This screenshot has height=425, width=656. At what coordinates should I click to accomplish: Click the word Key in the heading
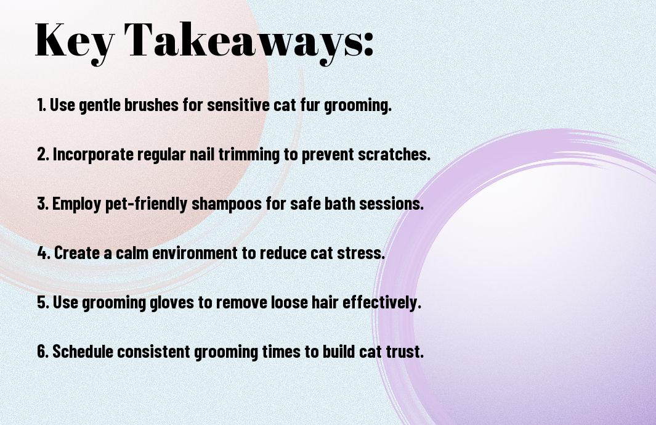tap(75, 41)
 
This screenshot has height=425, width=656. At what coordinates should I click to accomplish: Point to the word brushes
tap(152, 105)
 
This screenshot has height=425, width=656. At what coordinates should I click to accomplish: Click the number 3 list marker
tap(43, 204)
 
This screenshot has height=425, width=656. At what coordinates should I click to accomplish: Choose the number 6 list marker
tap(43, 351)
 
